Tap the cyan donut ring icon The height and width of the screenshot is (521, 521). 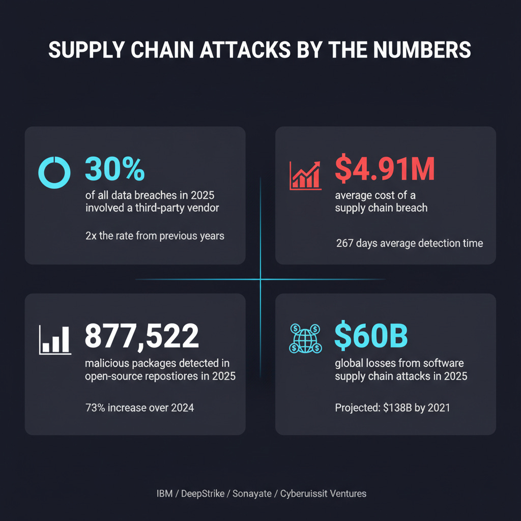click(x=53, y=171)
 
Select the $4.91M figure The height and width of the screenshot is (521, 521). click(x=385, y=169)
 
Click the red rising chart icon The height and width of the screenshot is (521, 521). click(x=305, y=175)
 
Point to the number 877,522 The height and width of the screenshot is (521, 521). click(x=141, y=336)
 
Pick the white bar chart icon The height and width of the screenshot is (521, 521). click(x=55, y=339)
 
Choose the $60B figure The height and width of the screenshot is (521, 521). click(x=371, y=336)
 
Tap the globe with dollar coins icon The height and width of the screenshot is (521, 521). click(x=304, y=338)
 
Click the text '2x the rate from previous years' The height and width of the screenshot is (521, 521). click(x=155, y=236)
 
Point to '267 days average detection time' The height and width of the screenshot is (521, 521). click(x=409, y=243)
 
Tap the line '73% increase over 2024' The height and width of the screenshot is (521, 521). click(x=139, y=408)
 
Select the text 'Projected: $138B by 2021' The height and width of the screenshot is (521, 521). click(x=392, y=408)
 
